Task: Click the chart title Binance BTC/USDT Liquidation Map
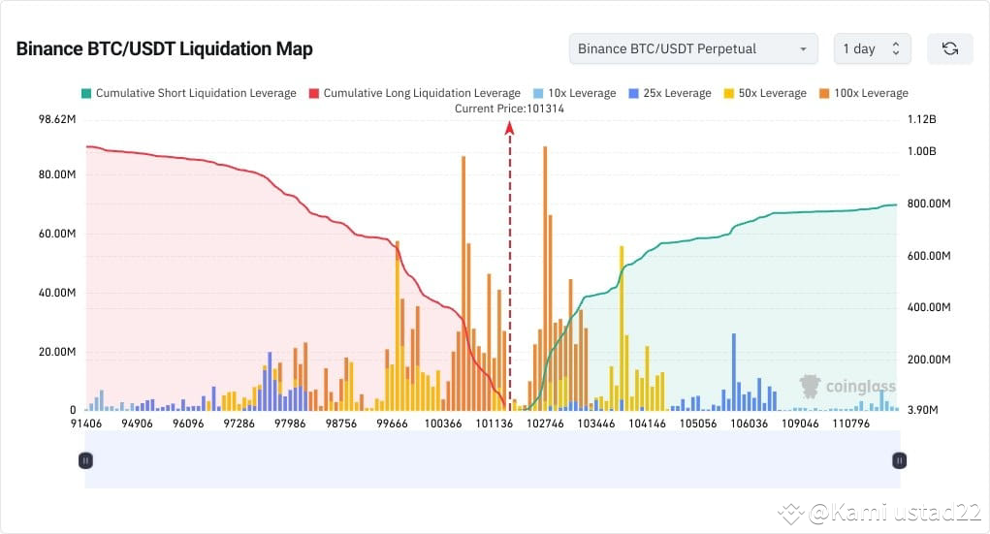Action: click(164, 49)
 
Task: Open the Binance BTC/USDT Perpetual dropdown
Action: click(692, 48)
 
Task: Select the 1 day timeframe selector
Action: click(871, 48)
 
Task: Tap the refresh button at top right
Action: click(949, 48)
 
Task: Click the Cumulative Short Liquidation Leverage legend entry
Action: click(188, 93)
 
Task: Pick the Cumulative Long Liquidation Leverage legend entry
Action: click(414, 93)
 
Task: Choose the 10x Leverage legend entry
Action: click(574, 93)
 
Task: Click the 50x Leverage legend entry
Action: click(765, 93)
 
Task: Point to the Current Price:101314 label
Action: click(509, 109)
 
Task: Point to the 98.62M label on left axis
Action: click(56, 119)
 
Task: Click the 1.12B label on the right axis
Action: click(921, 119)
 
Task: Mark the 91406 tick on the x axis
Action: click(85, 424)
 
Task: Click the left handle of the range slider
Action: click(85, 460)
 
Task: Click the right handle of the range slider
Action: click(899, 460)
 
